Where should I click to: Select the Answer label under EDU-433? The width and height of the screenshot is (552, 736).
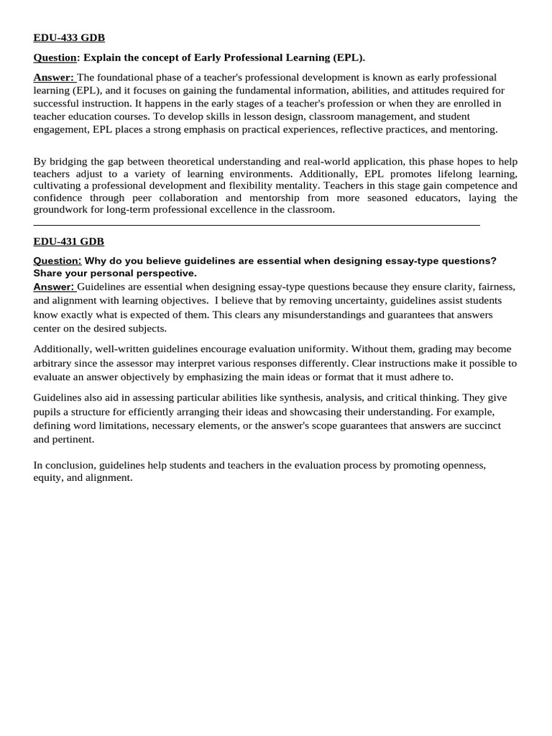coord(53,77)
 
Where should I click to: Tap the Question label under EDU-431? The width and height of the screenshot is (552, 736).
coord(57,260)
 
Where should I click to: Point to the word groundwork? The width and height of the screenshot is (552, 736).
coord(60,209)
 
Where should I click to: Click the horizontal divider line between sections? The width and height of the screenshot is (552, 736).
coord(257,225)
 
